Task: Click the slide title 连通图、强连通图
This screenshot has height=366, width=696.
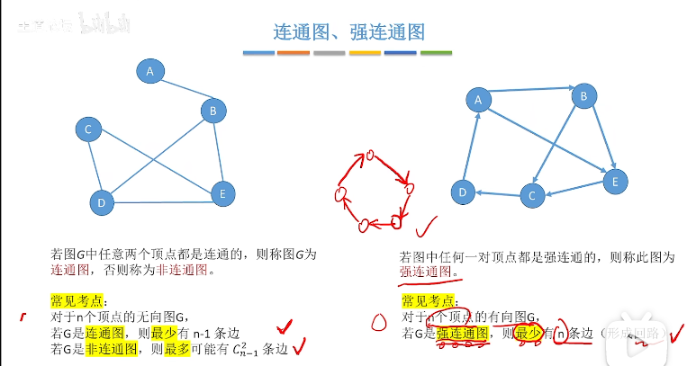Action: (x=348, y=33)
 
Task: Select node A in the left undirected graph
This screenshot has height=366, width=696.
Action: (x=150, y=69)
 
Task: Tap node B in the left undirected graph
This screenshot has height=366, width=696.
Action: (x=213, y=112)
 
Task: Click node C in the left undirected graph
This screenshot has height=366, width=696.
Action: (x=88, y=130)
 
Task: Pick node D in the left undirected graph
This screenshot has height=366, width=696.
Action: (x=102, y=202)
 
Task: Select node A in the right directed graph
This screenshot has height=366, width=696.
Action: (x=478, y=100)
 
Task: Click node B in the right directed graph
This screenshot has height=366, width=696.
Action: (x=584, y=96)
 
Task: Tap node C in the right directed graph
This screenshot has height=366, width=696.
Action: (x=532, y=194)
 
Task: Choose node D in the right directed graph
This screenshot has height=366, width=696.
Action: (x=463, y=191)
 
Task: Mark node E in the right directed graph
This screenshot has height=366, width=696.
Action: (x=615, y=181)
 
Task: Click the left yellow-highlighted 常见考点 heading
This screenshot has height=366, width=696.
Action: (x=78, y=300)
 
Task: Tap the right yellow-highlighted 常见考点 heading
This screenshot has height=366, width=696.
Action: (x=429, y=300)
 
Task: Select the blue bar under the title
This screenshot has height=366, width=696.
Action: (x=259, y=53)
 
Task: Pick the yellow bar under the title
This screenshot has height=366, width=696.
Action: (x=365, y=53)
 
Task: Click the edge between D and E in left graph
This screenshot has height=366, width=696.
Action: (x=162, y=201)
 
